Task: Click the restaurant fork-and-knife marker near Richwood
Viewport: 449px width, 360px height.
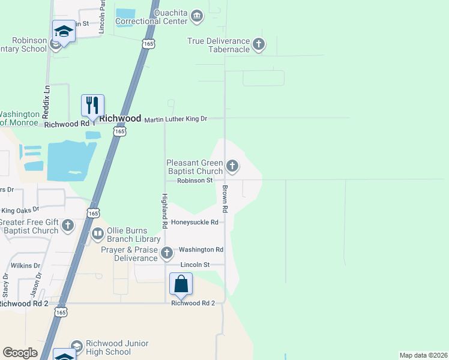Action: tap(92, 106)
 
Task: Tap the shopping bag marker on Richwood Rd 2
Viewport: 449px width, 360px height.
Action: tap(181, 284)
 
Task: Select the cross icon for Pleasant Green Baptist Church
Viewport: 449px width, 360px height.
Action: tap(232, 165)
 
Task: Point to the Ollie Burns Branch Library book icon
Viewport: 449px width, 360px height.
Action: tap(97, 233)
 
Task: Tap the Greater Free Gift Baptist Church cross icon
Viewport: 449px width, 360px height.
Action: tap(68, 225)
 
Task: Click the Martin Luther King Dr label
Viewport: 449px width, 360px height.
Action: tap(176, 119)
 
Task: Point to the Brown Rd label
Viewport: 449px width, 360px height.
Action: tap(225, 199)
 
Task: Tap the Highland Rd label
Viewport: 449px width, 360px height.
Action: tap(164, 211)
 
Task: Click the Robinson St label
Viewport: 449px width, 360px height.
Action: tap(194, 180)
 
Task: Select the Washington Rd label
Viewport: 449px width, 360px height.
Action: tap(201, 250)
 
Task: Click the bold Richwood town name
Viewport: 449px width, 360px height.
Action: tap(120, 119)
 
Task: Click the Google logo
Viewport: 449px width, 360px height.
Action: tap(20, 353)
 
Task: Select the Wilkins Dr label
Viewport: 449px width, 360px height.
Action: tap(25, 265)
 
